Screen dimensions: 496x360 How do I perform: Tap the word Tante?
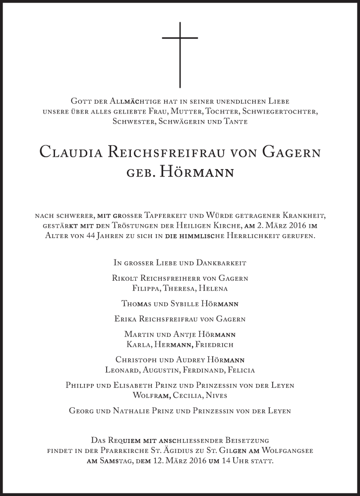tap(235, 121)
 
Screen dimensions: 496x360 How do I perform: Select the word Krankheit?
tap(303, 215)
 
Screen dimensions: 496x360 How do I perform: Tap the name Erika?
tap(127, 319)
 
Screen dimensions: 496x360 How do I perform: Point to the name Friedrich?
tap(215, 344)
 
